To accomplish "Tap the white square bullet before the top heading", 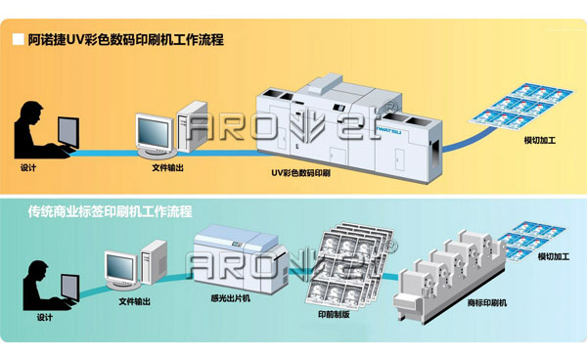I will click(18, 40).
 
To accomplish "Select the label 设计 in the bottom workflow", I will click(44, 317).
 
